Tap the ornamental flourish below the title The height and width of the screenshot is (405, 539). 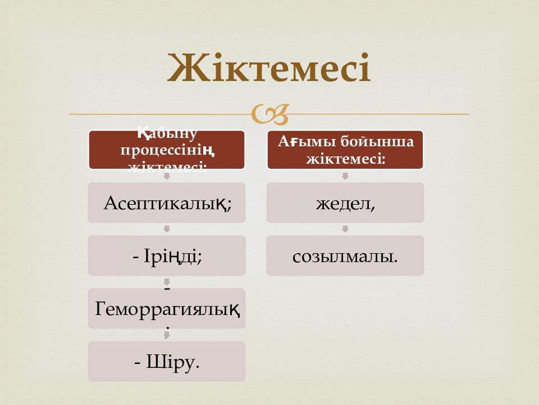(270, 114)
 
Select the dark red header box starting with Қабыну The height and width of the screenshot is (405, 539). (166, 150)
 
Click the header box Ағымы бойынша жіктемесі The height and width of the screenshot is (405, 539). (345, 150)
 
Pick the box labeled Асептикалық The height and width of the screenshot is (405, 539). (166, 202)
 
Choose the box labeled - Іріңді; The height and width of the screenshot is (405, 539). (166, 255)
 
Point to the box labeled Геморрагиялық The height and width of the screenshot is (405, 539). (166, 308)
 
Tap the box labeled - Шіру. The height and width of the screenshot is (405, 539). (166, 361)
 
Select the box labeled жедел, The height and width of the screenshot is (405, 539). (345, 202)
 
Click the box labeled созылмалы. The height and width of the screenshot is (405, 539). (345, 255)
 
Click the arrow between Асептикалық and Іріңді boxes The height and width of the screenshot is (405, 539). (167, 229)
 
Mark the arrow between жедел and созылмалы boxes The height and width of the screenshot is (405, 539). (345, 229)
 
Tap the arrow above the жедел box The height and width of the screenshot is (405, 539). (345, 176)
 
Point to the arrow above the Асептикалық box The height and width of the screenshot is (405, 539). (167, 176)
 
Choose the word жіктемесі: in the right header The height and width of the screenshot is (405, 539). (345, 159)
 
